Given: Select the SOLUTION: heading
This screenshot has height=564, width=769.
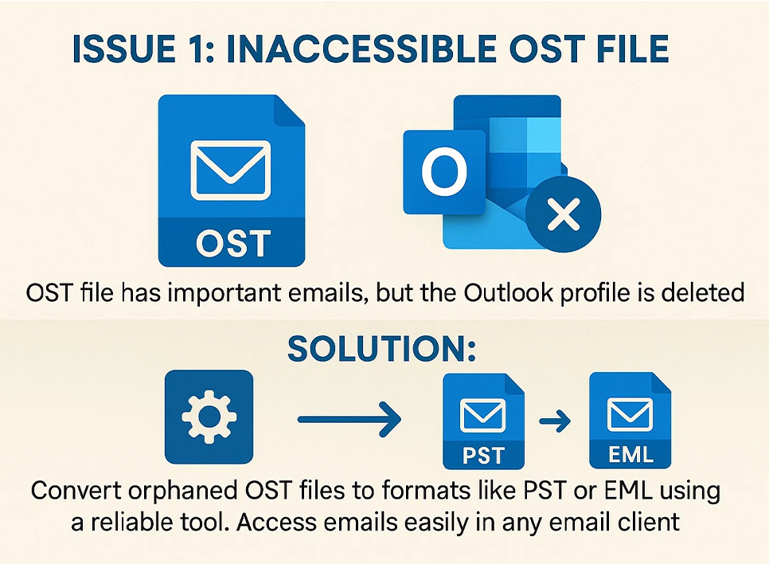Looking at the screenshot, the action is pyautogui.click(x=381, y=349).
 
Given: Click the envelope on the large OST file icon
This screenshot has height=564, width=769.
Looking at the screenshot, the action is pyautogui.click(x=231, y=170).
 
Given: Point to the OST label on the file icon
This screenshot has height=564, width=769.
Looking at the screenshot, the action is pyautogui.click(x=233, y=243).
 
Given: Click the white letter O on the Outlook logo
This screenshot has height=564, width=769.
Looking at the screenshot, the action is pyautogui.click(x=444, y=172).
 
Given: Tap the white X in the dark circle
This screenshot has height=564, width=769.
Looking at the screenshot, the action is pyautogui.click(x=564, y=214).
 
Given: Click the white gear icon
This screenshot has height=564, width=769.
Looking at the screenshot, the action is pyautogui.click(x=209, y=417).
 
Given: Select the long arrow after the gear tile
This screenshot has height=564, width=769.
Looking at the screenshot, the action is pyautogui.click(x=349, y=419).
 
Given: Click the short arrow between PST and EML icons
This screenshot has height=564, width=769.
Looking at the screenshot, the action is pyautogui.click(x=555, y=421).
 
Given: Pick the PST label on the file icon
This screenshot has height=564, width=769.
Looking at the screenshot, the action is pyautogui.click(x=483, y=456).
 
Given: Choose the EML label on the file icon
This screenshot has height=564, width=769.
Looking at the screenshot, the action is pyautogui.click(x=630, y=455).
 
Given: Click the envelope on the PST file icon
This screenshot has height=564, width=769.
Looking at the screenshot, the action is pyautogui.click(x=482, y=415).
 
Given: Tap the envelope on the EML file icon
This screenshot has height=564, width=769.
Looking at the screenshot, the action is pyautogui.click(x=630, y=415).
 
